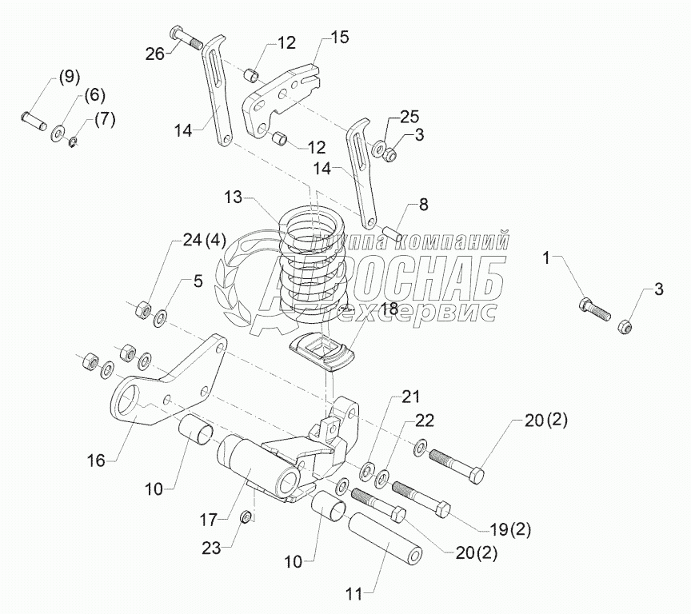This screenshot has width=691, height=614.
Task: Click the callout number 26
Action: [x=155, y=54]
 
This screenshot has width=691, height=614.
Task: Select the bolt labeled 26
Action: [x=185, y=38]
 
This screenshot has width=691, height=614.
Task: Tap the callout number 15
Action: [x=340, y=38]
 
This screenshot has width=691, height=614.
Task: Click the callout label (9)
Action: [x=67, y=78]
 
